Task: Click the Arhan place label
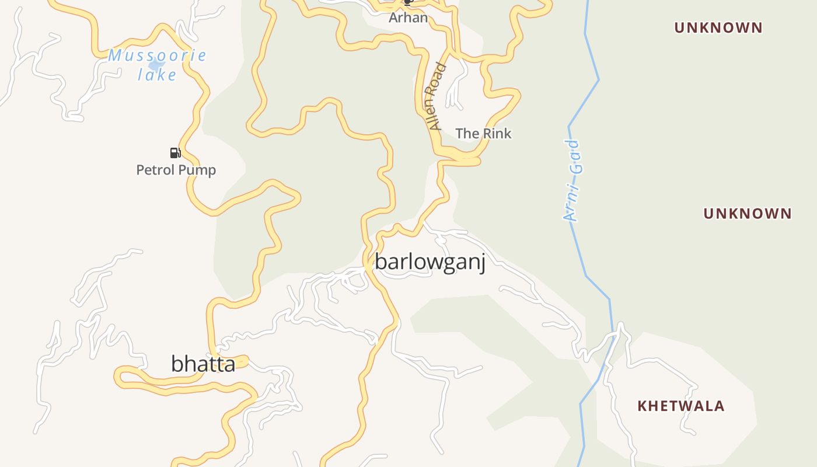coord(408,18)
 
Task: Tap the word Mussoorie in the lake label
coord(157,56)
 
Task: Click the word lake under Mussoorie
coord(157,75)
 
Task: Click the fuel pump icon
coord(175,153)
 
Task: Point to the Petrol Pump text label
coord(176,170)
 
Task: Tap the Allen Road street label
coord(437,97)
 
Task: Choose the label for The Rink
coord(483,134)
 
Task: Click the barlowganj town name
coord(430,262)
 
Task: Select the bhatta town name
coord(203,364)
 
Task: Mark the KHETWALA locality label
coord(680,406)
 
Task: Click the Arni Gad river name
coord(572,180)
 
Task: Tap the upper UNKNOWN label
coord(718,27)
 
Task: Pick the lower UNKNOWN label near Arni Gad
coord(747,214)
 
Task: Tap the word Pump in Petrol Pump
coord(197,170)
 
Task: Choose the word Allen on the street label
coord(434,115)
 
